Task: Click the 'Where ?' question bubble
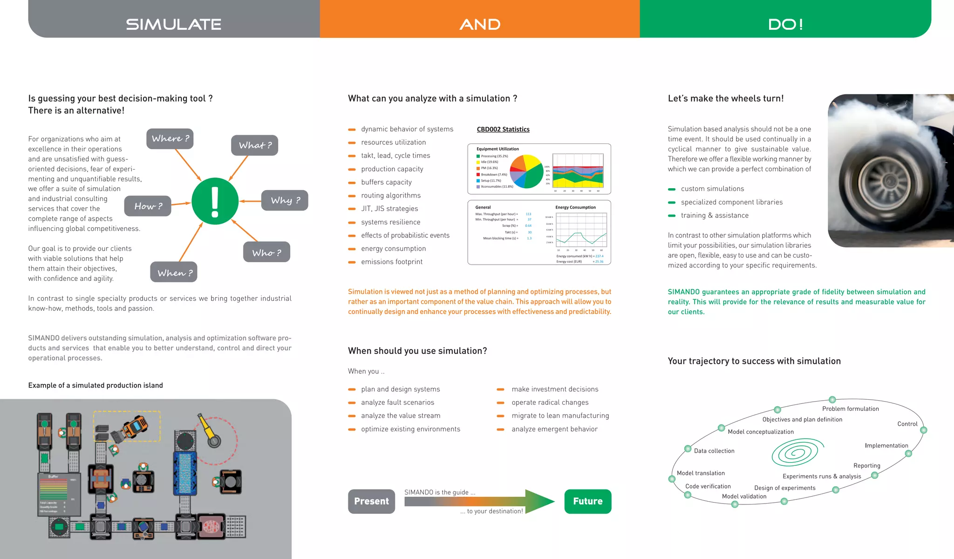click(170, 139)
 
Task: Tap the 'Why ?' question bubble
click(285, 200)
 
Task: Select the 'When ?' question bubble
click(174, 273)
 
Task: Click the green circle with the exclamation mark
click(215, 201)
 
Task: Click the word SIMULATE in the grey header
click(174, 24)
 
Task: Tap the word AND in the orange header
click(480, 24)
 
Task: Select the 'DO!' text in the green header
click(785, 24)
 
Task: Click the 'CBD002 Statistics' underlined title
click(503, 130)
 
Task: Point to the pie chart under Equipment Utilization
click(526, 171)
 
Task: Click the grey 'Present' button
click(371, 501)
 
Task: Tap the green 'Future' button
click(587, 501)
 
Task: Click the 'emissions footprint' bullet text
click(392, 262)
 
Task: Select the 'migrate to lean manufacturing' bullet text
click(560, 416)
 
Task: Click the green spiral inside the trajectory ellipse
click(796, 452)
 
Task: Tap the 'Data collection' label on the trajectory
click(714, 451)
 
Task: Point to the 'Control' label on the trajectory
click(907, 424)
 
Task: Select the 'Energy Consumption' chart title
click(575, 207)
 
